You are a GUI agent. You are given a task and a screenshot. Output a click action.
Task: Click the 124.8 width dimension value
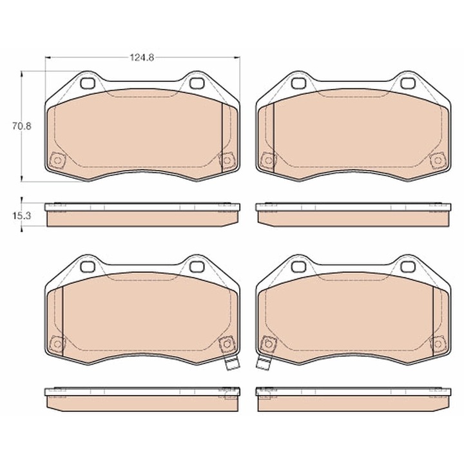pyautogui.click(x=142, y=57)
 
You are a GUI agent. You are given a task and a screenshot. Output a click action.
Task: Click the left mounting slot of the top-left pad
pyautogui.click(x=88, y=82)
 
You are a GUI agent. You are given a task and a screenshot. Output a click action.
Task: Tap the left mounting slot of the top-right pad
pyautogui.click(x=298, y=82)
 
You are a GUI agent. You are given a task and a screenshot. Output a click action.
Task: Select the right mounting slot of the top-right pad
pyautogui.click(x=407, y=82)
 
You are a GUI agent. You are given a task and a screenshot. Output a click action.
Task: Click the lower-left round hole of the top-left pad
pyautogui.click(x=57, y=160)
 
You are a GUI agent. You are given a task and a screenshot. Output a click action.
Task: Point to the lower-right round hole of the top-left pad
pyautogui.click(x=226, y=160)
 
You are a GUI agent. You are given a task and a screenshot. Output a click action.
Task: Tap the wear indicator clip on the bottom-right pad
pyautogui.click(x=262, y=364)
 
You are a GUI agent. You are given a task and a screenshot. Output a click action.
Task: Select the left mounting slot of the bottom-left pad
pyautogui.click(x=88, y=266)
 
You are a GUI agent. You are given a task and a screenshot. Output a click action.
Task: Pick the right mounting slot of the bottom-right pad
pyautogui.click(x=407, y=266)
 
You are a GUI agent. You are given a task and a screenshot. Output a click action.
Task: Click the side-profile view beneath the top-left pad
pyautogui.click(x=142, y=215)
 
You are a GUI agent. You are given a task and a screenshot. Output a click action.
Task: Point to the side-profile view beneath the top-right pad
pyautogui.click(x=353, y=215)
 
